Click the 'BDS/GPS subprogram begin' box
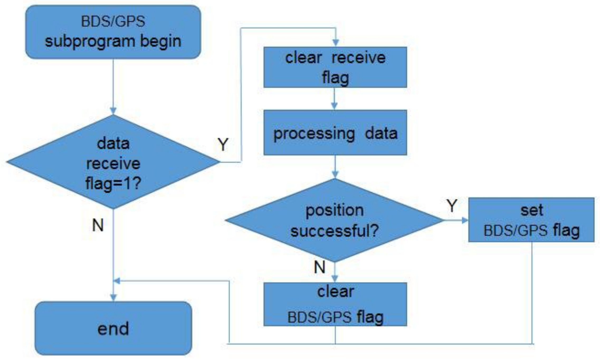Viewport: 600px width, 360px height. click(x=113, y=32)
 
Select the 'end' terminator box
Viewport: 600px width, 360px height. click(x=113, y=328)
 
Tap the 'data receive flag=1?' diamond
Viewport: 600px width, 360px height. click(x=113, y=162)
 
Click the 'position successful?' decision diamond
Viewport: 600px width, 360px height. click(x=335, y=220)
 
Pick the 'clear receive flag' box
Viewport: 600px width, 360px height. click(x=335, y=67)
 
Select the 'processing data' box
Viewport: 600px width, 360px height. click(x=335, y=133)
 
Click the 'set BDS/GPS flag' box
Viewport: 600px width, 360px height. click(x=531, y=220)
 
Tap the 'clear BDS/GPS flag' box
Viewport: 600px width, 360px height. click(x=335, y=304)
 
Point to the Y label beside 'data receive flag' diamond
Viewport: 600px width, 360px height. click(x=223, y=145)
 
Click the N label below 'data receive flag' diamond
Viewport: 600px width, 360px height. click(x=98, y=225)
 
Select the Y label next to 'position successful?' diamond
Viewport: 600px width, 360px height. click(x=452, y=206)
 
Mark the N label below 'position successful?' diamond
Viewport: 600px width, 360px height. click(x=320, y=267)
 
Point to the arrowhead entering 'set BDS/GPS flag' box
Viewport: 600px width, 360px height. click(x=465, y=220)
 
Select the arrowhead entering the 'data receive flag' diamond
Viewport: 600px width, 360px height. click(x=113, y=111)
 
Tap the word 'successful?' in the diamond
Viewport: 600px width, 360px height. click(x=335, y=231)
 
